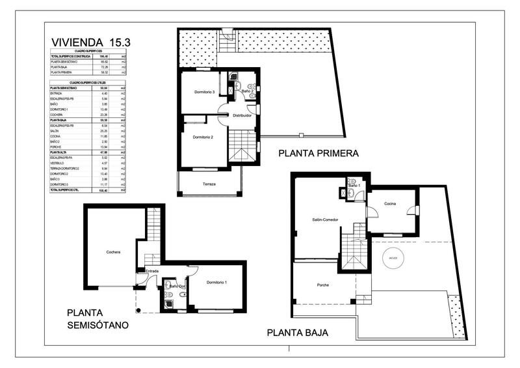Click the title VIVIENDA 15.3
click(x=91, y=42)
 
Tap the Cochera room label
click(x=114, y=252)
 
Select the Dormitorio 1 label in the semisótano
click(x=216, y=282)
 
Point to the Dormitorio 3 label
click(x=204, y=92)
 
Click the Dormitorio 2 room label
click(x=203, y=137)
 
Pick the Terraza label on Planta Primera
click(x=209, y=184)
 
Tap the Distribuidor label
click(x=238, y=115)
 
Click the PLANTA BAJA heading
click(x=297, y=333)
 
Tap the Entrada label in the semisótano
click(x=151, y=271)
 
